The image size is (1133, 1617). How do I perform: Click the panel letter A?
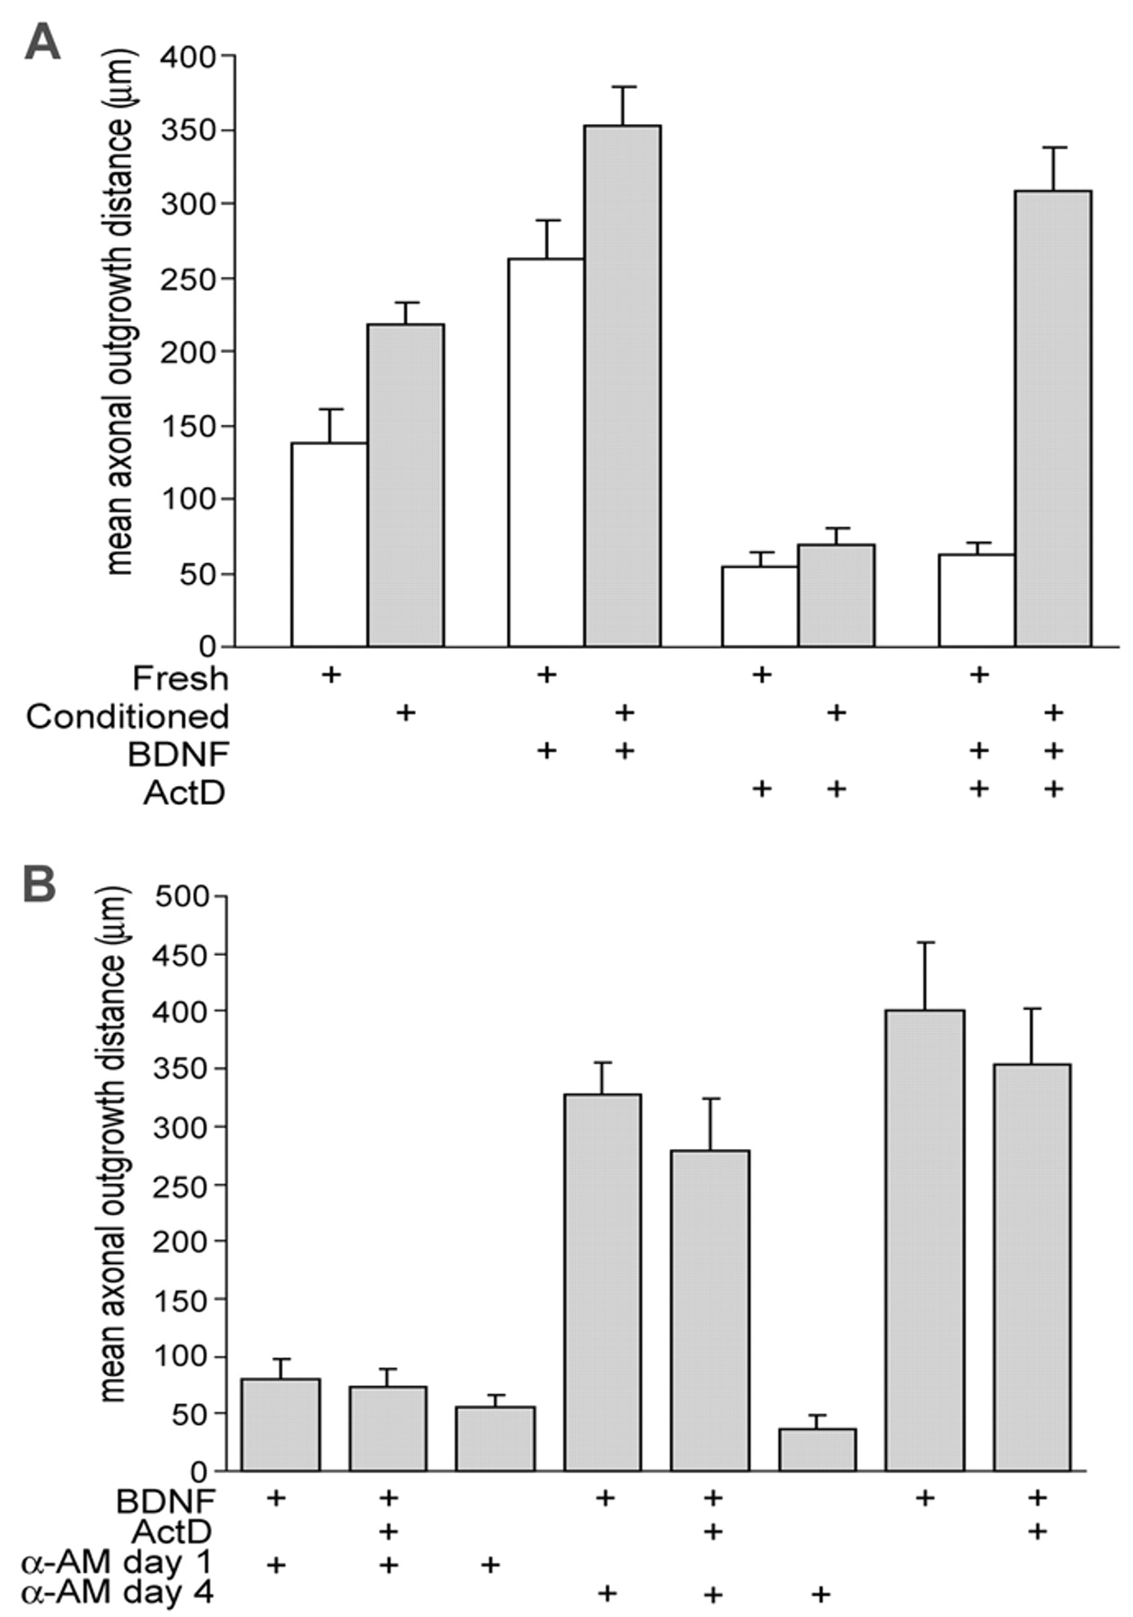(x=41, y=42)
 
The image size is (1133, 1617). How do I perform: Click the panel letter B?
(x=40, y=884)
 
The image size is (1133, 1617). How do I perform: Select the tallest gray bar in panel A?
(x=623, y=386)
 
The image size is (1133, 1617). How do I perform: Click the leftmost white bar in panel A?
(x=329, y=544)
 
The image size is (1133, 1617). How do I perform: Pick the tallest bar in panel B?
(x=925, y=1240)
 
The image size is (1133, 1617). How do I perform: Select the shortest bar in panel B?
(x=817, y=1449)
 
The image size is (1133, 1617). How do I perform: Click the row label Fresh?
(x=181, y=677)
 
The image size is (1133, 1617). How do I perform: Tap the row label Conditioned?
(x=128, y=716)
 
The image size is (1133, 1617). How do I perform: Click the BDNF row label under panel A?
(x=178, y=754)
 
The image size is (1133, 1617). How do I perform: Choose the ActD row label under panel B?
(x=173, y=1530)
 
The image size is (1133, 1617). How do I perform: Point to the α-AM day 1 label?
(x=117, y=1563)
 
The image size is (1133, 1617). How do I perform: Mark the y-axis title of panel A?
(x=119, y=313)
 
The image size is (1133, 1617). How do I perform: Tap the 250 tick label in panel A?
(x=188, y=278)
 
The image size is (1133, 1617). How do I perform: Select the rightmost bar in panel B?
(x=1031, y=1267)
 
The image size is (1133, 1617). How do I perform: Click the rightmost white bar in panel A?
(x=977, y=600)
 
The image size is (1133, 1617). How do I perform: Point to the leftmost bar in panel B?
(x=280, y=1424)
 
